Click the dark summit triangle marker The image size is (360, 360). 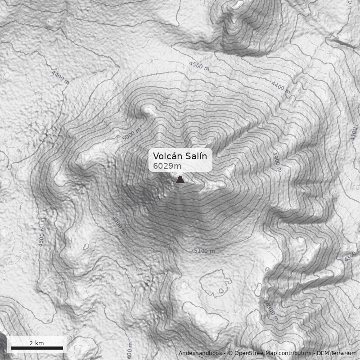[180, 180]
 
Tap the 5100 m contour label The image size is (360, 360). [204, 251]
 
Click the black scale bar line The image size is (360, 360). [37, 348]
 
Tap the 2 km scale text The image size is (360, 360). [36, 343]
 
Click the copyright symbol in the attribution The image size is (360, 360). [230, 353]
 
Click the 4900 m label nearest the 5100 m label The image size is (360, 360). [118, 225]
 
